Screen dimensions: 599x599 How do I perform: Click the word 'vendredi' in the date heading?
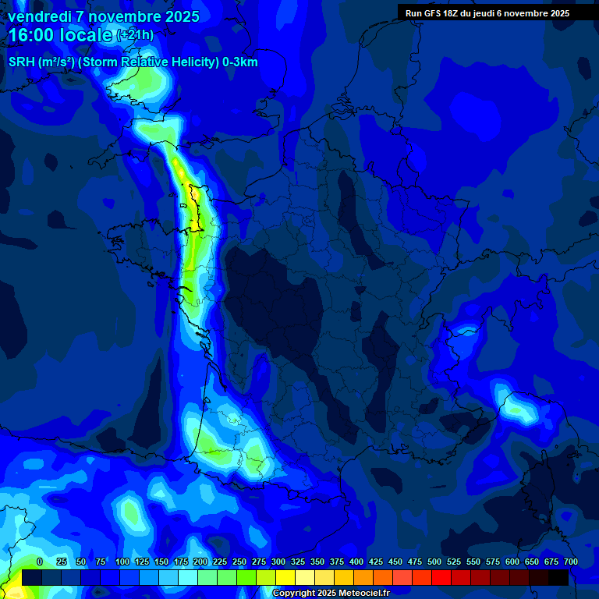click(x=40, y=16)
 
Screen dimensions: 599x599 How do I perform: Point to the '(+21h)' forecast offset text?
click(x=135, y=35)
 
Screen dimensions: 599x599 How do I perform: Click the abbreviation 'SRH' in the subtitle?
click(x=22, y=62)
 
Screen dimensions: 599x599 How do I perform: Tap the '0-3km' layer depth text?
click(x=239, y=62)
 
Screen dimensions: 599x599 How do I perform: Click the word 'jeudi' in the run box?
click(x=494, y=13)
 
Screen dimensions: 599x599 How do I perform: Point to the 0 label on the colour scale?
click(x=40, y=562)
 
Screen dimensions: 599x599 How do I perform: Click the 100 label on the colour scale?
click(x=122, y=562)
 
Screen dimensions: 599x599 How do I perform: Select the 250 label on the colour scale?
click(x=239, y=562)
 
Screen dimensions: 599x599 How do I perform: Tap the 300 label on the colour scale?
click(x=278, y=562)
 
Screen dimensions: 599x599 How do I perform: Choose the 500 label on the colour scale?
click(x=434, y=562)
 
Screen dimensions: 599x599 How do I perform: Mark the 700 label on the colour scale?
click(x=570, y=562)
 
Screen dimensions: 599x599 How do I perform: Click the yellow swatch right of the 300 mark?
click(x=285, y=577)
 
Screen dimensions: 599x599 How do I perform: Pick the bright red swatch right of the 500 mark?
click(x=441, y=577)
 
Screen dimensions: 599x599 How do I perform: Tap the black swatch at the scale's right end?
click(x=558, y=577)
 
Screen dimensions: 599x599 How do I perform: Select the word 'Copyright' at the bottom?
click(x=294, y=594)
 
